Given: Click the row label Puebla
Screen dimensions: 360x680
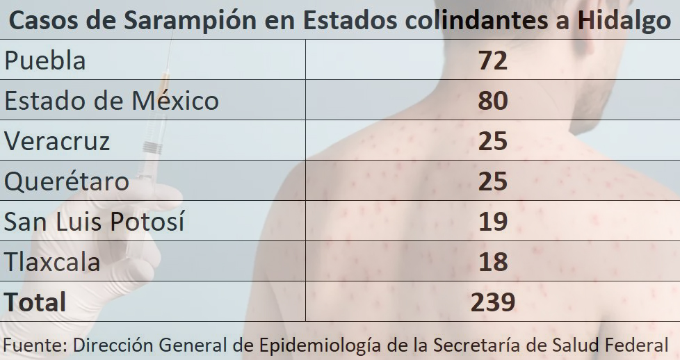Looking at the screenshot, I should pyautogui.click(x=45, y=60).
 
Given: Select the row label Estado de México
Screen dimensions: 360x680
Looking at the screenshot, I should pyautogui.click(x=111, y=101).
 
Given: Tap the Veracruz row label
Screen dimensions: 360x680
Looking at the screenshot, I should pyautogui.click(x=57, y=141).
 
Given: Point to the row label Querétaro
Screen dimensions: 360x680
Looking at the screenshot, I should pyautogui.click(x=67, y=181).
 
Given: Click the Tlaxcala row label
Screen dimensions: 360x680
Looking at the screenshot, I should pyautogui.click(x=52, y=262).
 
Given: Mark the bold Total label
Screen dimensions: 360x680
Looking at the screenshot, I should pyautogui.click(x=35, y=302).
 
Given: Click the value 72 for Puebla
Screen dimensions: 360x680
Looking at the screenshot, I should pyautogui.click(x=493, y=60).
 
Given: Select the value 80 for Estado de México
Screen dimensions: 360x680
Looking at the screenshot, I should pyautogui.click(x=493, y=101).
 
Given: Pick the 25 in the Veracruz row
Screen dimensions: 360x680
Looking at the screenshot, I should pyautogui.click(x=493, y=141).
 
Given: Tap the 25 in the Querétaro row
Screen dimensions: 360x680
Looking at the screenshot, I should pyautogui.click(x=493, y=181).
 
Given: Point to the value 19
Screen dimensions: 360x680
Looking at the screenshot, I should pyautogui.click(x=493, y=222).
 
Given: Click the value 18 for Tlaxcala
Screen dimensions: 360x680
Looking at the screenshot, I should pyautogui.click(x=493, y=262).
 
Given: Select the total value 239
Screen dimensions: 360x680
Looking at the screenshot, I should pyautogui.click(x=493, y=302).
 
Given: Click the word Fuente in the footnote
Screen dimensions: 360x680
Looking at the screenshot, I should pyautogui.click(x=33, y=344).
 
